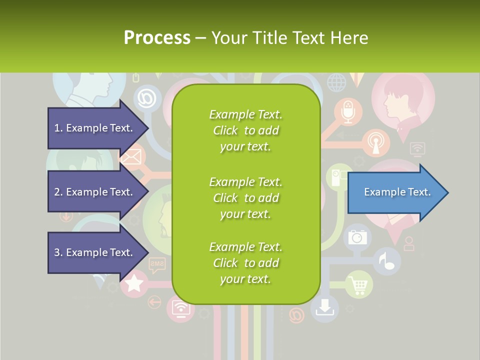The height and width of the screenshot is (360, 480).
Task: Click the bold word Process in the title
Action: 157,38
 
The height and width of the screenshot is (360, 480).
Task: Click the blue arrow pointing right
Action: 397,192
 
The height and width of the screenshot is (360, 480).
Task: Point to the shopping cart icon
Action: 359,285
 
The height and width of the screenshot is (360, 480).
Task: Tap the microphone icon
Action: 348,111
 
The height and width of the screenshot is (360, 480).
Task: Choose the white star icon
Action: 133,284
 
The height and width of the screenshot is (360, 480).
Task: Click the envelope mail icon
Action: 131,157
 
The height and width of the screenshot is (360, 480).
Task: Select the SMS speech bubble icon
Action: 157,263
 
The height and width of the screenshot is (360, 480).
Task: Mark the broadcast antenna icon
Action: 375,143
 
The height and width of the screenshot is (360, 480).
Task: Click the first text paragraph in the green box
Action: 245,130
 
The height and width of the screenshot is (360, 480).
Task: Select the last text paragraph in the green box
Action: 245,263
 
